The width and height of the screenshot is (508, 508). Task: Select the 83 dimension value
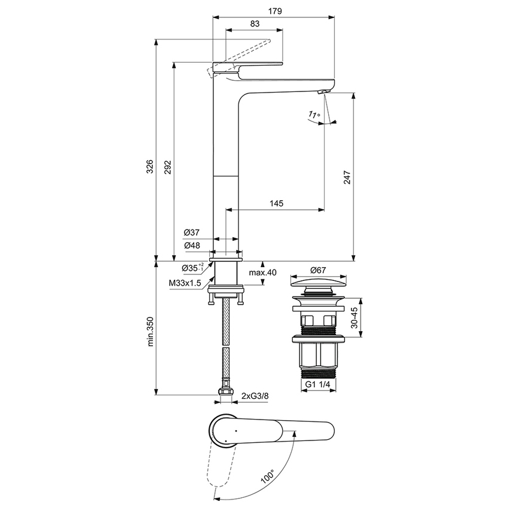coord(255,24)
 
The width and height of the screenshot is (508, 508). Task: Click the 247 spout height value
coord(347,178)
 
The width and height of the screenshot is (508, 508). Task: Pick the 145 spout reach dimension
coord(276,203)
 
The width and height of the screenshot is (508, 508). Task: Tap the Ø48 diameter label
coord(191,245)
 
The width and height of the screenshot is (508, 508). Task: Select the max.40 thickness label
coord(264,273)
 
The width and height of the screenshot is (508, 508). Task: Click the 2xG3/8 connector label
coord(255,396)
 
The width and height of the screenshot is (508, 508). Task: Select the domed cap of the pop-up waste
coord(317,282)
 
